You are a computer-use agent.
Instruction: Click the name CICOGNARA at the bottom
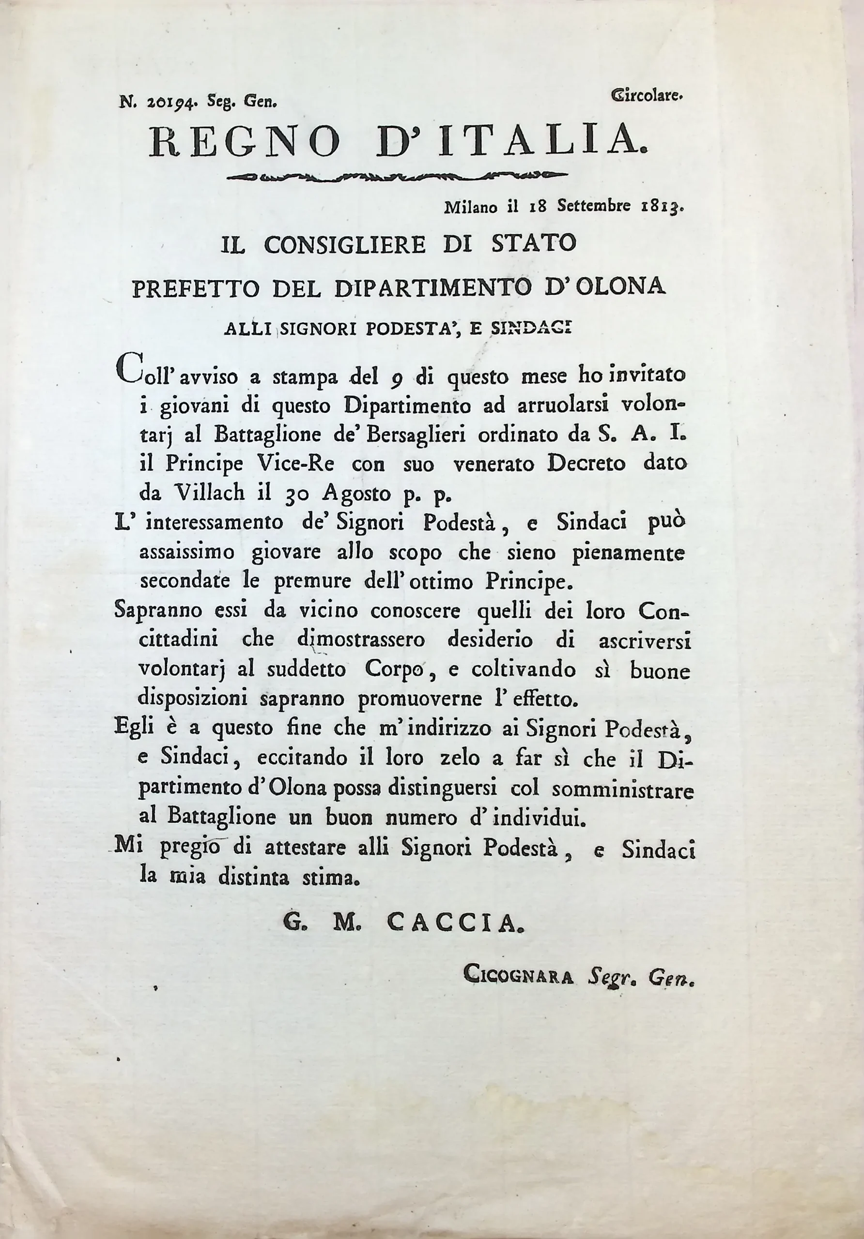point(518,977)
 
